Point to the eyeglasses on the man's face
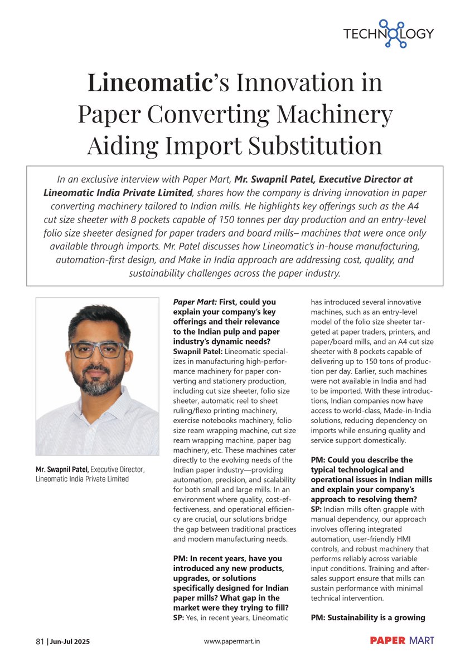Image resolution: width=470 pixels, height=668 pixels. pyautogui.click(x=99, y=350)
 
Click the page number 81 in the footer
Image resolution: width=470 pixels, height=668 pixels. pyautogui.click(x=40, y=641)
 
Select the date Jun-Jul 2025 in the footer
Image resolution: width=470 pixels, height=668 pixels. pyautogui.click(x=70, y=641)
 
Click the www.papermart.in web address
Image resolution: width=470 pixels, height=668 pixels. pyautogui.click(x=232, y=641)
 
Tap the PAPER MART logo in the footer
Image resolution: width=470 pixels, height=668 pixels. pyautogui.click(x=401, y=641)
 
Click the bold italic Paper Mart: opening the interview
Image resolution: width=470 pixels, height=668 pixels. pyautogui.click(x=195, y=302)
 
